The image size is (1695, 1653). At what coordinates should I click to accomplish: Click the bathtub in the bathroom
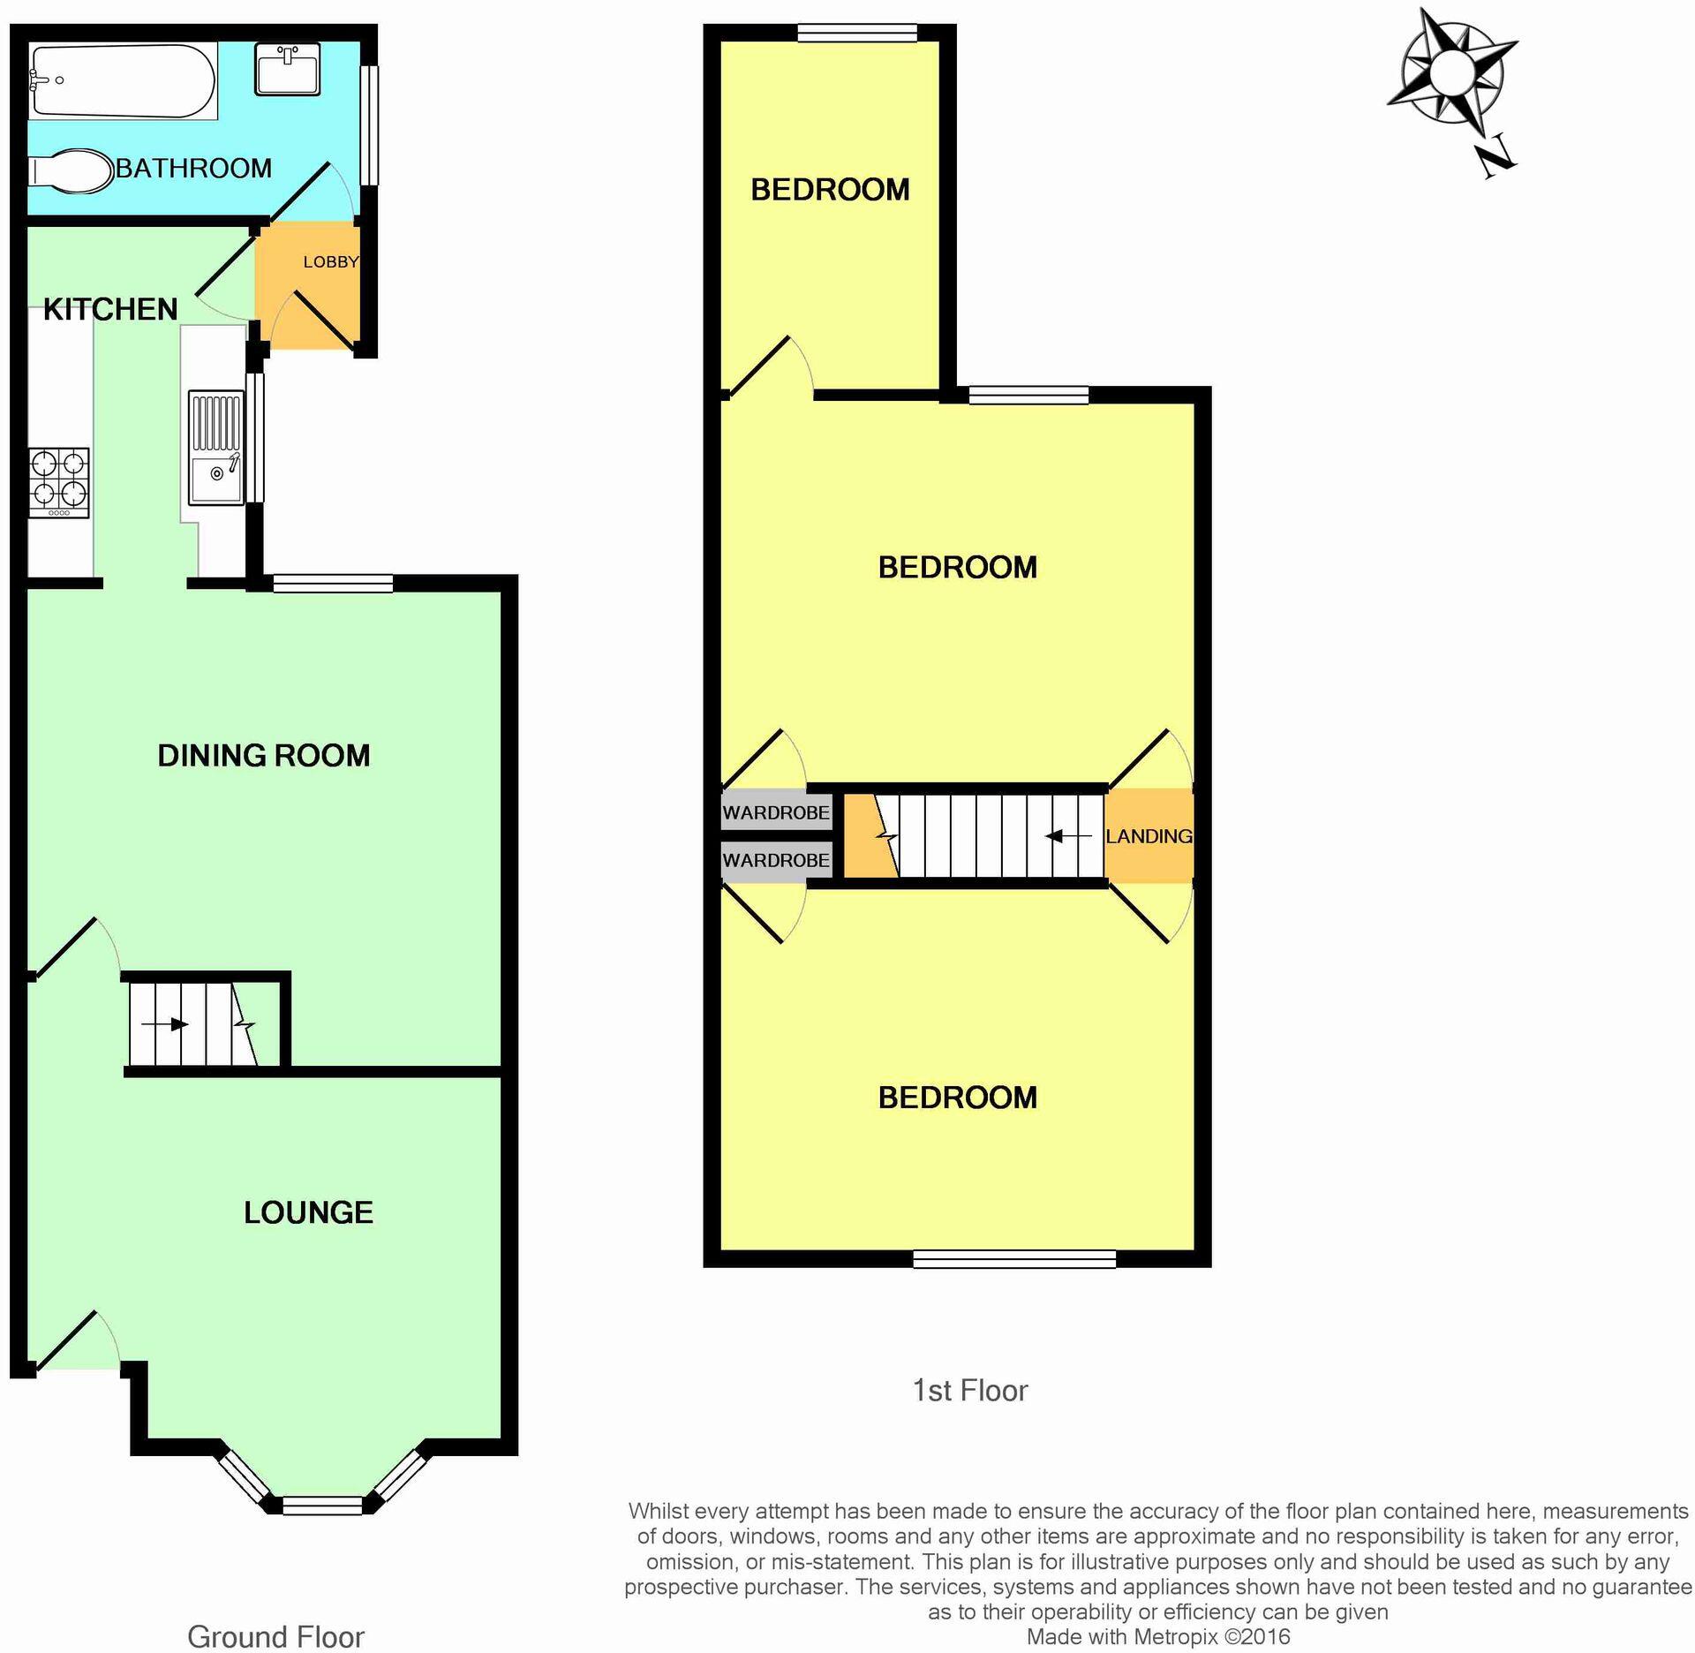click(x=122, y=81)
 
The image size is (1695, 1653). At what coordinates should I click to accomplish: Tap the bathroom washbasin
click(x=288, y=68)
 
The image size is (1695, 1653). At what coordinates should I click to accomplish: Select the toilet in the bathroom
click(x=66, y=170)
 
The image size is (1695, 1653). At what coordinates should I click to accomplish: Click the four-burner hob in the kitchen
click(x=59, y=482)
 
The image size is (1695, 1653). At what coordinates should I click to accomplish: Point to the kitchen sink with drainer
click(x=216, y=448)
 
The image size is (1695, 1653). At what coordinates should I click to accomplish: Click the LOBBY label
click(x=330, y=262)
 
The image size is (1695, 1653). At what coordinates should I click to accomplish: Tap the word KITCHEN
click(x=110, y=309)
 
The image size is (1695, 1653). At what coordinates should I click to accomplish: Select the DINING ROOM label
click(x=263, y=756)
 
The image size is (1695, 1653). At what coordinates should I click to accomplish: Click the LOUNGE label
click(x=308, y=1212)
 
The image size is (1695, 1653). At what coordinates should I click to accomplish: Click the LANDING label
click(x=1149, y=836)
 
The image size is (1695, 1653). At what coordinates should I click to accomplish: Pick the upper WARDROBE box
click(x=776, y=812)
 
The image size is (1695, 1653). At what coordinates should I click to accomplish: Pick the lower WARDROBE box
click(x=776, y=860)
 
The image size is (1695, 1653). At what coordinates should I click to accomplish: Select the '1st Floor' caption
click(x=969, y=1391)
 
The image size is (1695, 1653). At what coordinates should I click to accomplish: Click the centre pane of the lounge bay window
click(x=322, y=1505)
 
